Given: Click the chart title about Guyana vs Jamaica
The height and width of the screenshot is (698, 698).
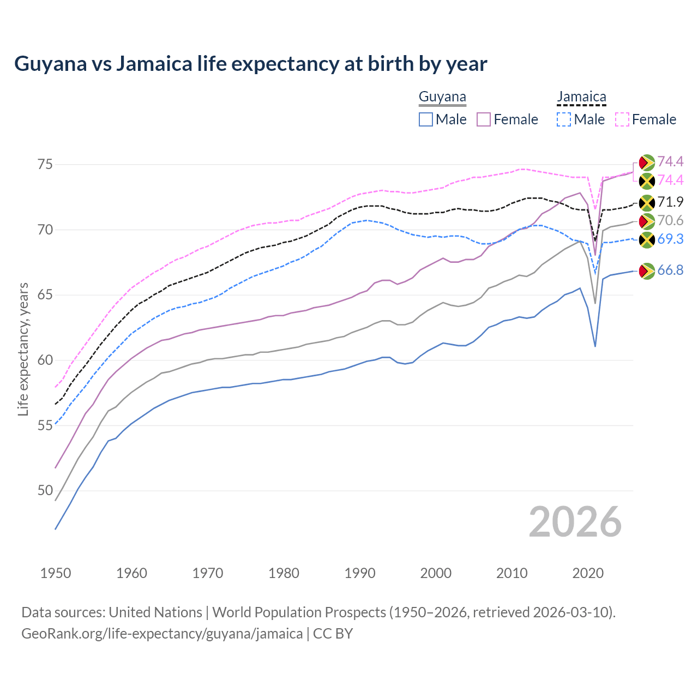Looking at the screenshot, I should point(250,64).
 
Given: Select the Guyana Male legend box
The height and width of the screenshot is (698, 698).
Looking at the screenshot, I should point(426,119).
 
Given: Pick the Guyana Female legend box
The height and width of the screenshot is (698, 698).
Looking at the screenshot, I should point(484,119).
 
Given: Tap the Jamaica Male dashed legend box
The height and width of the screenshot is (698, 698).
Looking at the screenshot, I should point(564,119).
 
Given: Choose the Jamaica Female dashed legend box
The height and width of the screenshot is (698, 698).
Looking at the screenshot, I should point(622,119).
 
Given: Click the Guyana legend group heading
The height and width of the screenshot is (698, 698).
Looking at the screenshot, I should point(442,97).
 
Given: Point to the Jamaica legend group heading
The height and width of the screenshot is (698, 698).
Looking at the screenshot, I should point(581,97).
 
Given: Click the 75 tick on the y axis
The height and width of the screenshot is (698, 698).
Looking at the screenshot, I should point(45,164).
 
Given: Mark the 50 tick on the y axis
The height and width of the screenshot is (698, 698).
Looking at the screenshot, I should point(45,491).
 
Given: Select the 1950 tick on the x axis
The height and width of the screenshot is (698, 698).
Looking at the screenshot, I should point(56,573).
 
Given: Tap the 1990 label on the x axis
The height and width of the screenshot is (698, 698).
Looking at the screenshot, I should point(360,573).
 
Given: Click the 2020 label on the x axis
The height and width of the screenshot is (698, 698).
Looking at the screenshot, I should point(588,573).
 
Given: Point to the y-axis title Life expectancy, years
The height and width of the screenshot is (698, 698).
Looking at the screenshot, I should point(23,349).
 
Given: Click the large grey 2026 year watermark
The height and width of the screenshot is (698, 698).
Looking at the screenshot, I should point(575,522).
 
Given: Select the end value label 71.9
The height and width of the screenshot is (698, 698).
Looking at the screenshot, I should point(670,202).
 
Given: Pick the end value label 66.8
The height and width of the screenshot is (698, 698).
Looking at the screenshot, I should point(670,270).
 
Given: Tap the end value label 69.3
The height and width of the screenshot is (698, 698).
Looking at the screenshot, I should point(670,239).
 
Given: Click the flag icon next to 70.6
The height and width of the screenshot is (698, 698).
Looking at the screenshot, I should point(647,221).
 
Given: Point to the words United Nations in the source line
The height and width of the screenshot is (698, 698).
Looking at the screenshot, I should point(155,612).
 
